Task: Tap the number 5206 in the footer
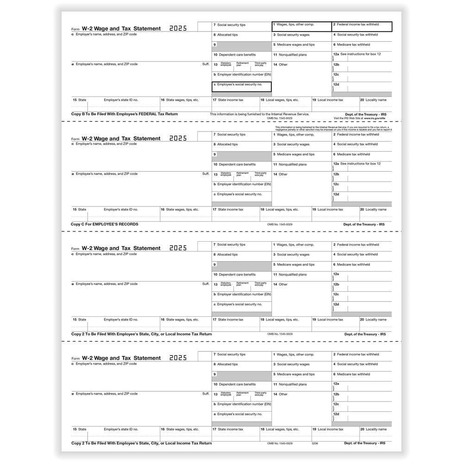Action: (315, 443)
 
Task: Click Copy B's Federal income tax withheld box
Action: (362, 27)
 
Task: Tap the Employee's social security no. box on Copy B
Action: (241, 87)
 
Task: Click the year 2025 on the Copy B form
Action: (178, 28)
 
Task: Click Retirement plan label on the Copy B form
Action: (242, 64)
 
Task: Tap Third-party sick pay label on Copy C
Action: (261, 174)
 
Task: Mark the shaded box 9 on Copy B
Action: (241, 45)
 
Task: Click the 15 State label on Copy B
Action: (80, 100)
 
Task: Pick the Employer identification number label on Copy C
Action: (241, 184)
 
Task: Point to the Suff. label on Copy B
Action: (206, 64)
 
